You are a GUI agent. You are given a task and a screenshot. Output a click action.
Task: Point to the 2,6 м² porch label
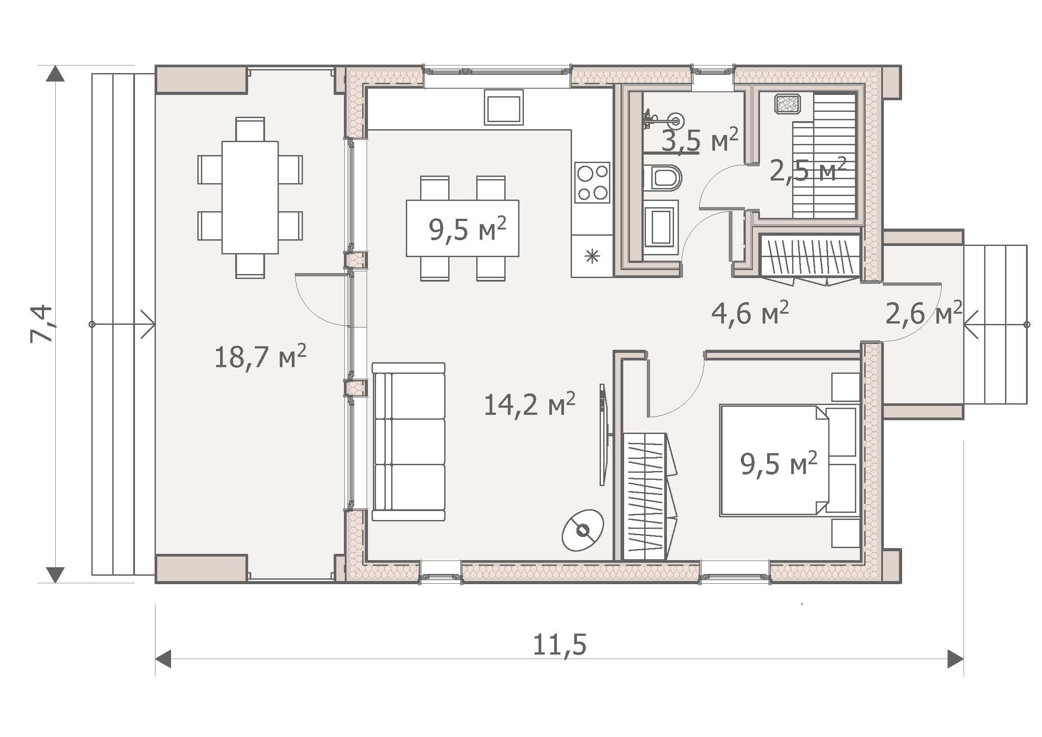click(x=923, y=313)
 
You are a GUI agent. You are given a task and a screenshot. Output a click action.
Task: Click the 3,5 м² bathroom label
click(x=700, y=141)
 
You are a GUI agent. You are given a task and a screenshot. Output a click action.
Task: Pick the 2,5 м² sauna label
click(x=808, y=170)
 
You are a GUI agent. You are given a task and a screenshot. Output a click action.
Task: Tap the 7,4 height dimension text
click(x=42, y=323)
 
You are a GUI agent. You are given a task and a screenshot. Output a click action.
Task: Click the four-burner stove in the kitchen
click(x=592, y=182)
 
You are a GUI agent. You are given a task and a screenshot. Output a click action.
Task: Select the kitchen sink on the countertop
click(x=504, y=106)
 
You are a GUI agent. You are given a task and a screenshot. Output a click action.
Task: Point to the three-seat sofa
click(x=409, y=442)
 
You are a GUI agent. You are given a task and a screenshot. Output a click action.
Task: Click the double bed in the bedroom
click(x=790, y=460)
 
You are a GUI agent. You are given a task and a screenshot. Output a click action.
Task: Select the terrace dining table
click(x=250, y=197)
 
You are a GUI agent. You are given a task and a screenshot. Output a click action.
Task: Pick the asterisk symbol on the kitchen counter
click(x=592, y=256)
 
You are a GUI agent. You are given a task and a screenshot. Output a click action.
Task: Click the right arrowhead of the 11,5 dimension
click(x=955, y=659)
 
